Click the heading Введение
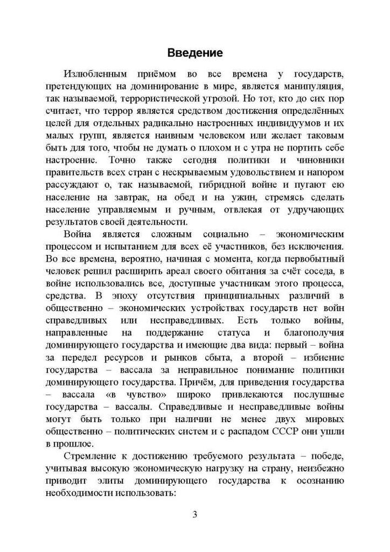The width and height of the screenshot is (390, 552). (195, 53)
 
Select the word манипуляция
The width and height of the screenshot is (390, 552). (313, 87)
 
